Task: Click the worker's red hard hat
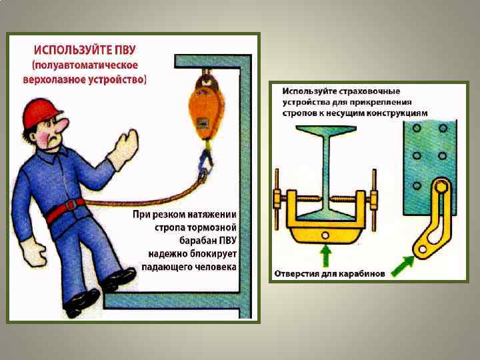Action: click(x=41, y=113)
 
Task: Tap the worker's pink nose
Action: click(x=63, y=125)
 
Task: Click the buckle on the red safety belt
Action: click(x=71, y=205)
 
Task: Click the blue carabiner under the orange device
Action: click(x=206, y=161)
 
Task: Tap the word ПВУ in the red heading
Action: click(x=125, y=50)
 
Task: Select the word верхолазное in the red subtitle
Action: click(x=54, y=79)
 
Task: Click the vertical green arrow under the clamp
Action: click(x=325, y=256)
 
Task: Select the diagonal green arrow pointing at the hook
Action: click(x=403, y=266)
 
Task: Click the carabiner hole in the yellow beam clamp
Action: click(x=325, y=235)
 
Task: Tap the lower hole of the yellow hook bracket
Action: click(x=423, y=249)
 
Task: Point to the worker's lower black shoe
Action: click(x=81, y=303)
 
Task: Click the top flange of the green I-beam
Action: click(x=326, y=130)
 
